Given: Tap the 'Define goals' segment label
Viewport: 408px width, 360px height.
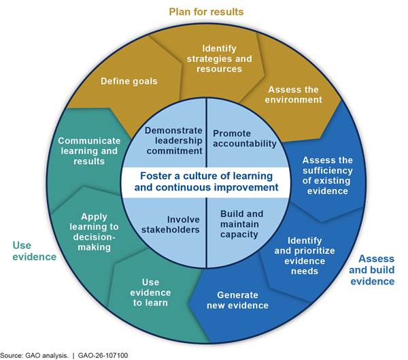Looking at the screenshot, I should (129, 81).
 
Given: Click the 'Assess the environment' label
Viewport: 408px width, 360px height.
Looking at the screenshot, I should (294, 94).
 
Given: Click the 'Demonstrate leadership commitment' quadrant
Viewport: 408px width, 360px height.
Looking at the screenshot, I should (170, 137).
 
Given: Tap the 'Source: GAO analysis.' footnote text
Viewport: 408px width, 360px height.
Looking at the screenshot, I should (35, 354).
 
